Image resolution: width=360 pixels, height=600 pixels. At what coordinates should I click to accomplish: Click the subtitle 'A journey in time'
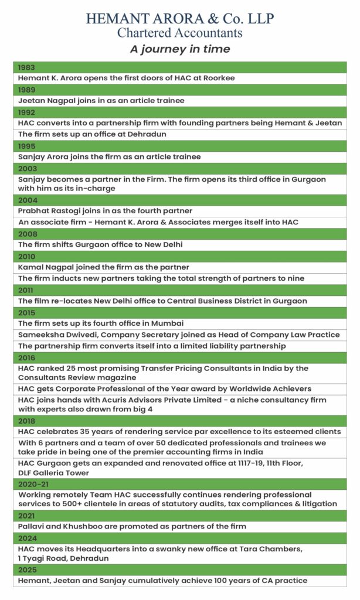click(x=179, y=49)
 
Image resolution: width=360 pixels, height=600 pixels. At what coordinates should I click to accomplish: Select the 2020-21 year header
click(x=32, y=484)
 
